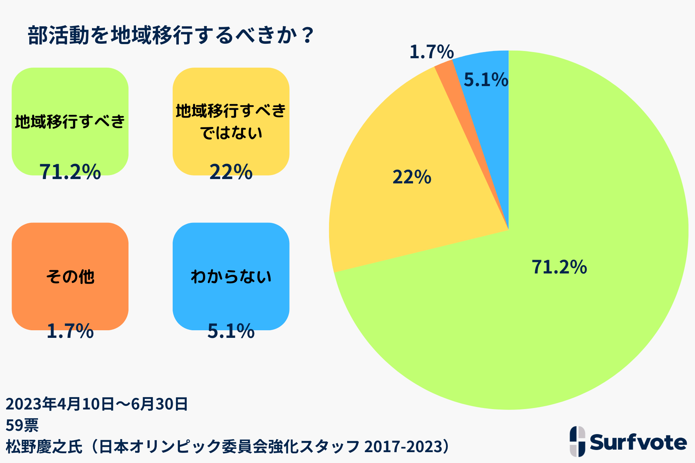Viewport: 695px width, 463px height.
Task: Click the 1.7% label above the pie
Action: click(431, 52)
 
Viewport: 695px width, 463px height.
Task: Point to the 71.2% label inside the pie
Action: click(559, 267)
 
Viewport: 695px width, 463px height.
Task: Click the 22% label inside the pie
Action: click(412, 177)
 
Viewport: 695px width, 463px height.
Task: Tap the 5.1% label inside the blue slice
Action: click(486, 80)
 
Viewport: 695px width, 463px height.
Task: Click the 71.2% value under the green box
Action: click(70, 171)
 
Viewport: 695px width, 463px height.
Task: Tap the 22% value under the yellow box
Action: click(231, 171)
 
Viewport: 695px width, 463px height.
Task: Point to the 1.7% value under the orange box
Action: click(70, 331)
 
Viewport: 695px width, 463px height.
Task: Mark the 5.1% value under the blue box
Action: click(231, 331)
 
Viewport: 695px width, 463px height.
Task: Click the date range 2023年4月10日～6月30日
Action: click(97, 404)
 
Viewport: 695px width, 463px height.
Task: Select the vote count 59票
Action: click(22, 425)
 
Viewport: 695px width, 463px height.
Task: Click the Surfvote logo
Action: click(628, 442)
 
